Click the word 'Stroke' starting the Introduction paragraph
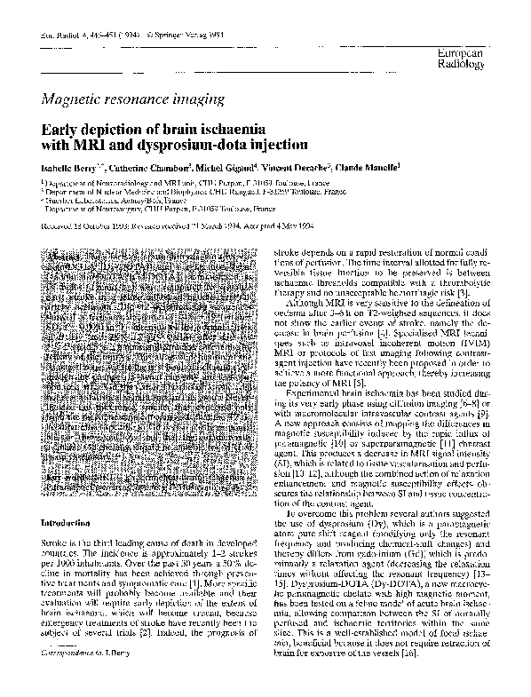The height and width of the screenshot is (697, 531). [x=53, y=541]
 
